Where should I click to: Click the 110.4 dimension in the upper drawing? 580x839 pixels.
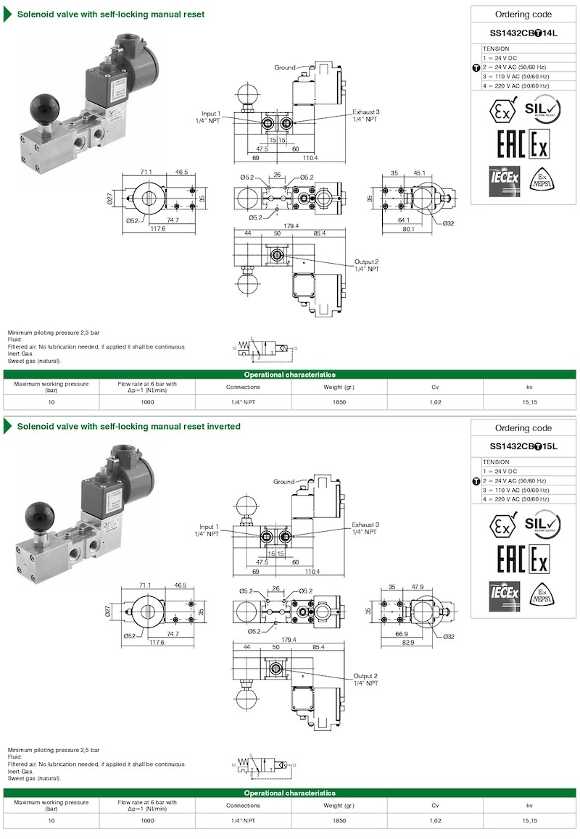tap(310, 157)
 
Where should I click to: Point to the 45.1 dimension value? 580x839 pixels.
tap(420, 174)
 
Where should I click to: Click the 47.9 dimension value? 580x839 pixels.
tap(420, 587)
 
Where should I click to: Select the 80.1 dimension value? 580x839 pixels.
tap(408, 229)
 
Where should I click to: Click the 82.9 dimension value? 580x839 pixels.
tap(408, 642)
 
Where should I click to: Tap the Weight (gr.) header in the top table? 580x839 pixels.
tap(339, 387)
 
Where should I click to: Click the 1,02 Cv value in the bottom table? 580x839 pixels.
tap(435, 821)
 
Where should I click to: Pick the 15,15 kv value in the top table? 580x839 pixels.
tap(529, 403)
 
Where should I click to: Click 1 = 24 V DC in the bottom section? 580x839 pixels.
tap(501, 471)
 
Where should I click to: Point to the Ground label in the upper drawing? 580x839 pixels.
tap(284, 67)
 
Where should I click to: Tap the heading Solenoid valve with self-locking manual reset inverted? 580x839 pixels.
tap(129, 427)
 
